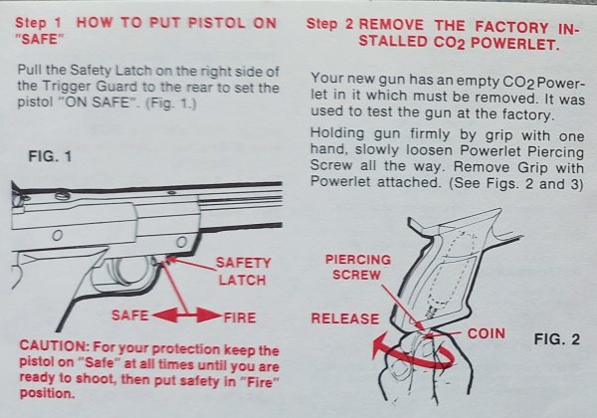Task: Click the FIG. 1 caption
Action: click(50, 156)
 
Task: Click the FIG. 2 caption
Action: click(557, 338)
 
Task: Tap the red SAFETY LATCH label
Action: click(243, 271)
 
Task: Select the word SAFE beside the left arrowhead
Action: click(129, 315)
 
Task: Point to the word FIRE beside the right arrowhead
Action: click(240, 317)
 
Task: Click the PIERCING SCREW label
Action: click(358, 268)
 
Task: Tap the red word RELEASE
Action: click(345, 318)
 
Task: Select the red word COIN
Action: click(487, 333)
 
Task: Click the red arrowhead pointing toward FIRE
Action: click(209, 315)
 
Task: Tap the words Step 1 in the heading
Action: click(38, 23)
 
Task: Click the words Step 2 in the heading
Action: click(329, 24)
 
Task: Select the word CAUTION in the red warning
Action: click(55, 345)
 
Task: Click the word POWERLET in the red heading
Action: click(514, 44)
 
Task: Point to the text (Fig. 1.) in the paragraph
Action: click(171, 104)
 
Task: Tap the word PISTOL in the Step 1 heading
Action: click(217, 23)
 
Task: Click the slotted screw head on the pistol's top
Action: click(63, 196)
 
